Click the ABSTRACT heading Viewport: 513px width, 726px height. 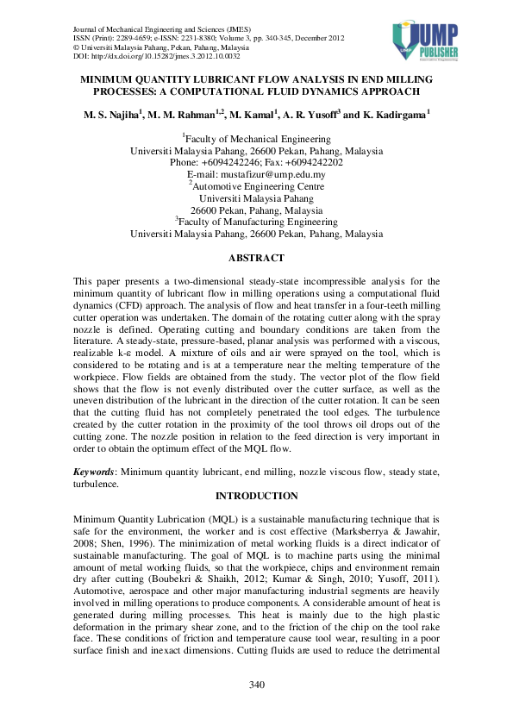tap(256, 257)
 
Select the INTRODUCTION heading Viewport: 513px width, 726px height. tap(256, 496)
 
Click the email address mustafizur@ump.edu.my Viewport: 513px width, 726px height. tap(280, 174)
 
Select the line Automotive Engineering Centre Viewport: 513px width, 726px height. tap(257, 186)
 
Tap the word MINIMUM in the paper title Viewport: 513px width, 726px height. tap(111, 78)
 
